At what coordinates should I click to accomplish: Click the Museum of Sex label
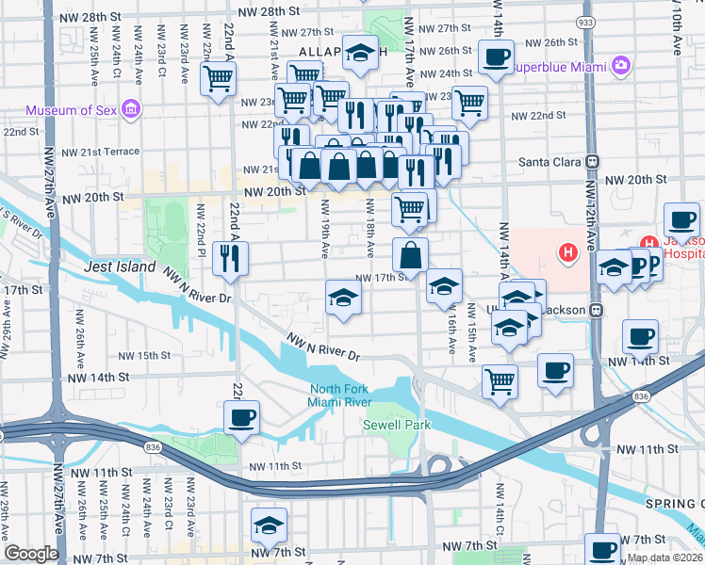coord(72,110)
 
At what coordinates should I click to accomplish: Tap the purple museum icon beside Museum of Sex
coord(131,110)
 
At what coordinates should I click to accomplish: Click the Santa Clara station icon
coord(592,161)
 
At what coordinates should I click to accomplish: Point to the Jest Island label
coord(120,267)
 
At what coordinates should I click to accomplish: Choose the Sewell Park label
coord(397,426)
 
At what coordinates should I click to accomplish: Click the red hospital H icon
coord(567,252)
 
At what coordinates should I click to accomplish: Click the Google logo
coord(31,554)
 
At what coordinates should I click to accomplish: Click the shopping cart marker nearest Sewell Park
coord(500,380)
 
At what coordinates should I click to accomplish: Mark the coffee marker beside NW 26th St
coord(495,56)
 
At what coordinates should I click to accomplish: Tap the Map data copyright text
coord(663,557)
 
